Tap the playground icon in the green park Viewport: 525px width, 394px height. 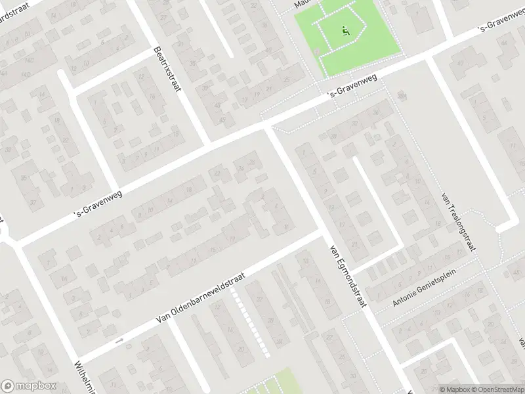[x=346, y=30]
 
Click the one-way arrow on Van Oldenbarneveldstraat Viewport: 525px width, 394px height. [x=119, y=340]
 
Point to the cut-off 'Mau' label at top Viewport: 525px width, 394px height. [x=301, y=3]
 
